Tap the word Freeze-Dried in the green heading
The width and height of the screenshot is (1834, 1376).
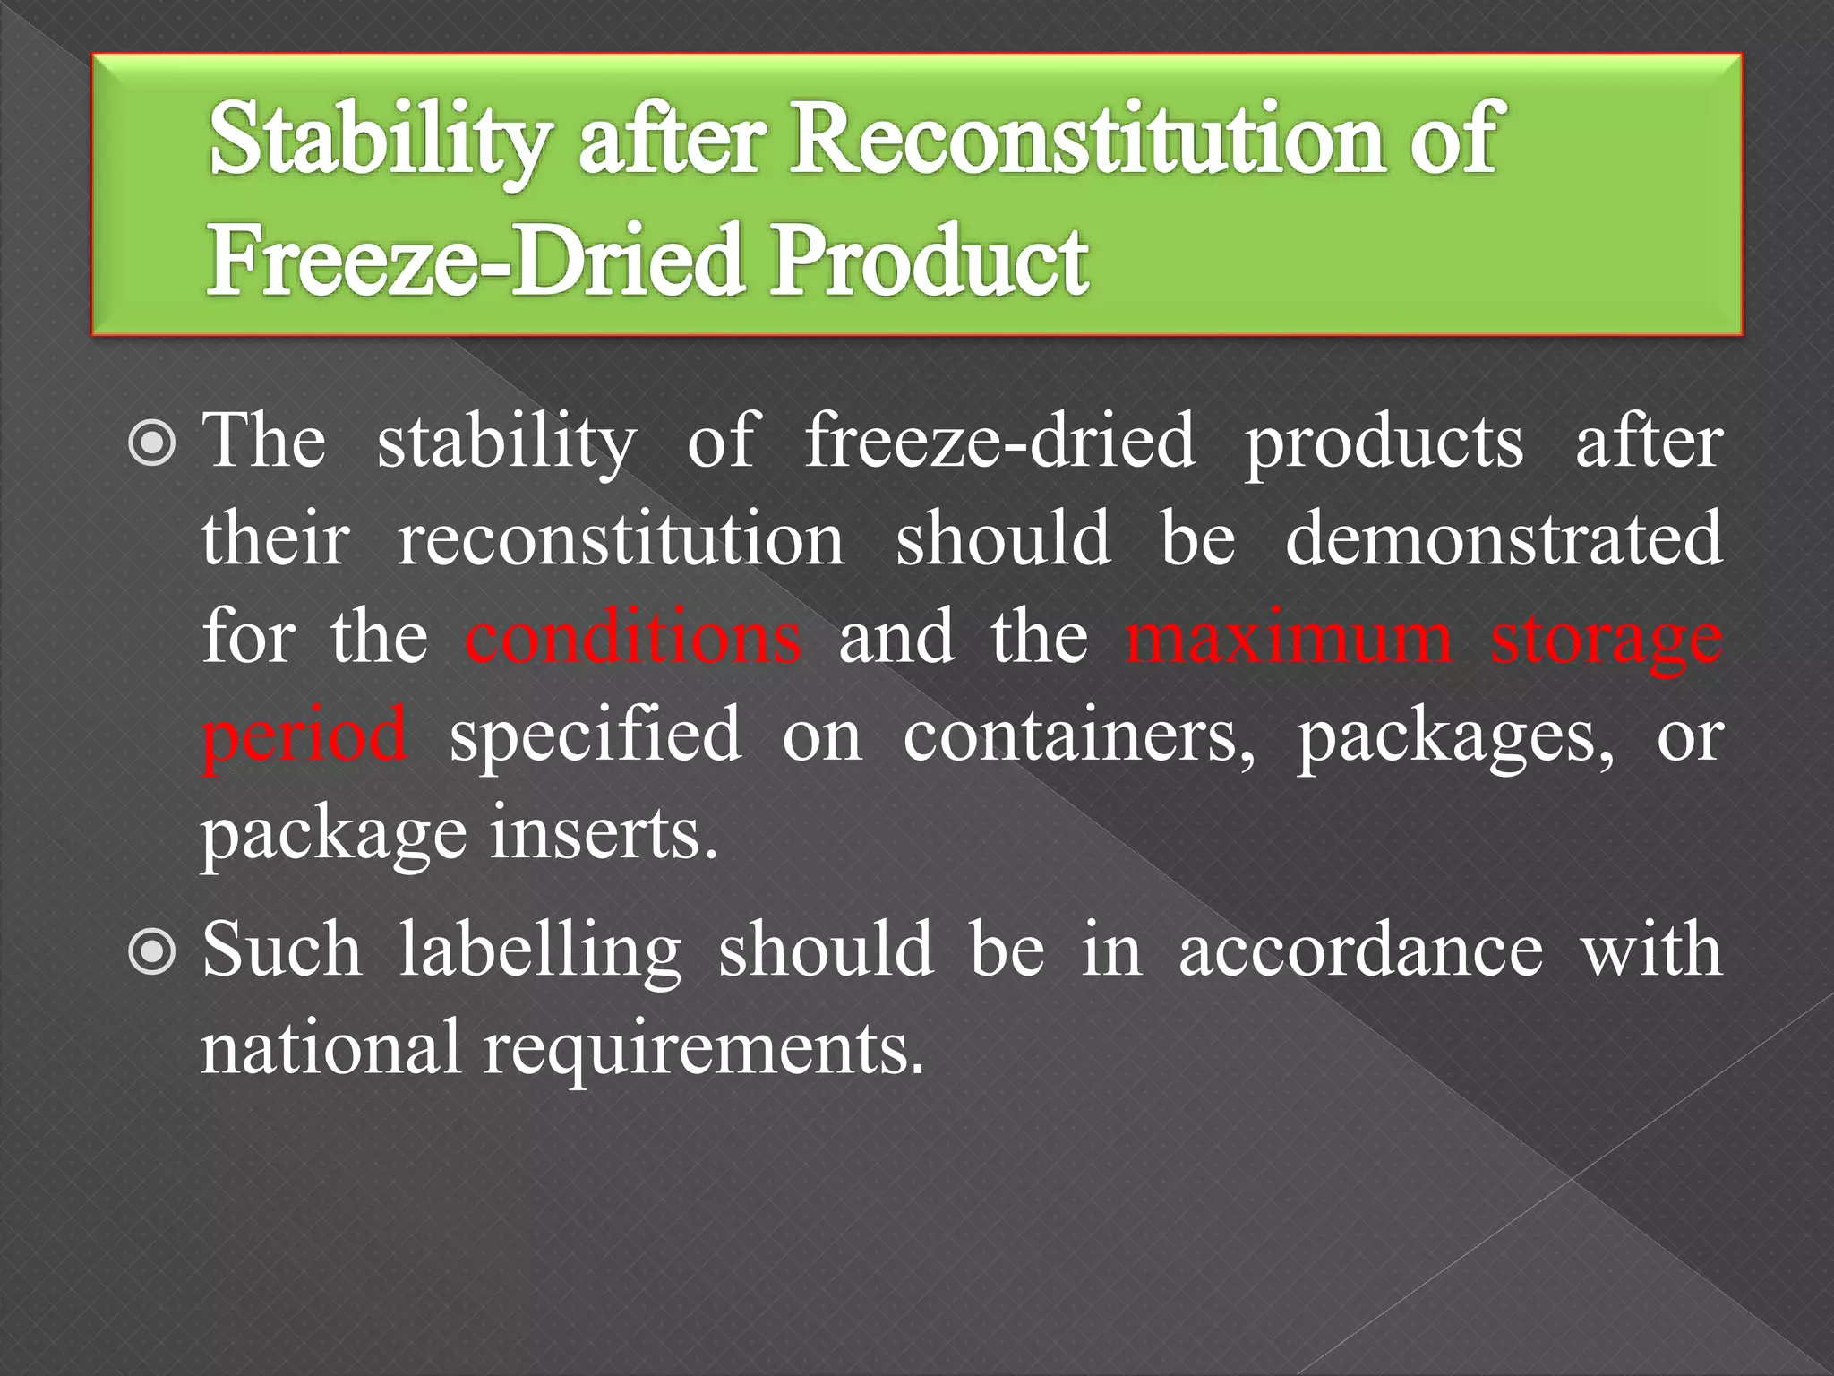point(476,261)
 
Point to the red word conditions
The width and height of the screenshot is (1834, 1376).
point(632,637)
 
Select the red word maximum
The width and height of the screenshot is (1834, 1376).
point(1289,637)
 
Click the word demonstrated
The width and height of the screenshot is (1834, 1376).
point(1504,539)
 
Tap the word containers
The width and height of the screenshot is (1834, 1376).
point(1079,735)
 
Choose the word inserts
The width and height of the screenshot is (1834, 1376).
point(604,833)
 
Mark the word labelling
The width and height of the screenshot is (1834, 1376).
point(540,951)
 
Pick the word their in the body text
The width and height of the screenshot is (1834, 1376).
point(275,539)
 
